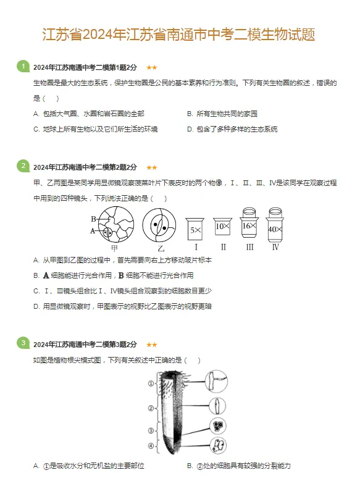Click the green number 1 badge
click(x=23, y=66)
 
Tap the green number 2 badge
click(x=23, y=165)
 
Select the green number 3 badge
click(x=23, y=343)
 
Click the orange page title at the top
click(x=179, y=34)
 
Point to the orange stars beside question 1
click(x=152, y=67)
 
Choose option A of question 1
click(x=89, y=114)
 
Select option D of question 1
click(x=232, y=129)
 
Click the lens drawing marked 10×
click(x=222, y=227)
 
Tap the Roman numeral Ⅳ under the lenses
click(x=275, y=247)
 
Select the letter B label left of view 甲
click(x=93, y=219)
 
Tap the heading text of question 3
click(x=85, y=345)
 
